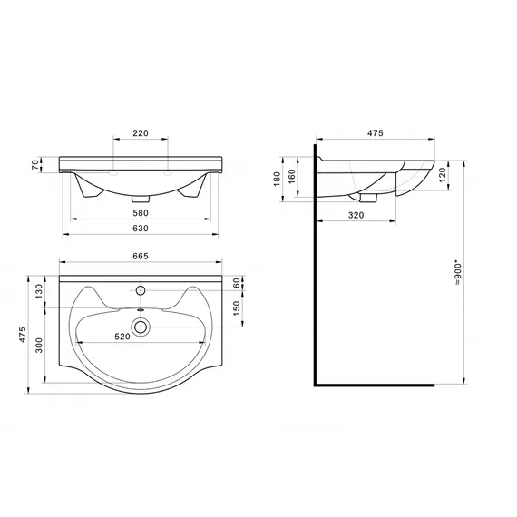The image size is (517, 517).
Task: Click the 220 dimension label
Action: (141, 133)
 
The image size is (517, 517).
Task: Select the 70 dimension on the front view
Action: (35, 164)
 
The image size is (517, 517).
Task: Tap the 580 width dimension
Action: (141, 213)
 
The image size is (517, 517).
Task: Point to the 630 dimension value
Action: (141, 229)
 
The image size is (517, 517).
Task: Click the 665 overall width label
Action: (141, 256)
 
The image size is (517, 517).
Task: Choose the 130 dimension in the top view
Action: (39, 291)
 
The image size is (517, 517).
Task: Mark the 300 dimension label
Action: (39, 346)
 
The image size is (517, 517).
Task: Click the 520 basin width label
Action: (122, 337)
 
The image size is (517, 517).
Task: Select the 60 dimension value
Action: (237, 283)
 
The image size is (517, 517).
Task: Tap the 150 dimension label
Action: (237, 308)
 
